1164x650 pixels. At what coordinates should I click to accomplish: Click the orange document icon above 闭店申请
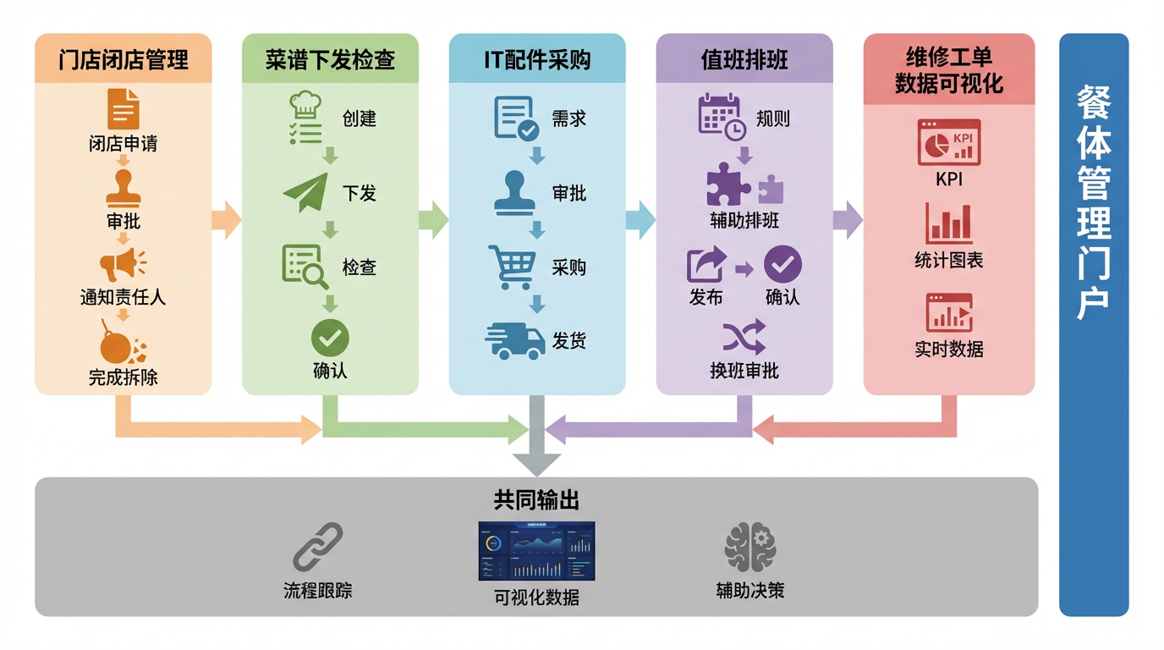pyautogui.click(x=123, y=108)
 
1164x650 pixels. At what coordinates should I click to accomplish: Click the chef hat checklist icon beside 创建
pyautogui.click(x=305, y=118)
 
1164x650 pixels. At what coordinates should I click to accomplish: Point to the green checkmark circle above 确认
pyautogui.click(x=330, y=338)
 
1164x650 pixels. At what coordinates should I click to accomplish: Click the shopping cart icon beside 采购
pyautogui.click(x=512, y=267)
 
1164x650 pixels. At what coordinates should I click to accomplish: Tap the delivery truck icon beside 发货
pyautogui.click(x=514, y=340)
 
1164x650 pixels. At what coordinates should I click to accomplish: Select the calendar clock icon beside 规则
pyautogui.click(x=722, y=117)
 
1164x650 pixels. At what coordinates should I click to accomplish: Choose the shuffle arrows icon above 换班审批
pyautogui.click(x=744, y=337)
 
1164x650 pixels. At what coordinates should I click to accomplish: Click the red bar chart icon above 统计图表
pyautogui.click(x=948, y=223)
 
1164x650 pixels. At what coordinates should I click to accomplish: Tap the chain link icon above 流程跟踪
pyautogui.click(x=317, y=547)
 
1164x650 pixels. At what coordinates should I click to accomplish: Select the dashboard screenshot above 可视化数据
pyautogui.click(x=536, y=551)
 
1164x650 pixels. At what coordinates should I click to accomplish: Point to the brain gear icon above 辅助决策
pyautogui.click(x=750, y=547)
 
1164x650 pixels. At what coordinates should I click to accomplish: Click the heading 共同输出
pyautogui.click(x=536, y=500)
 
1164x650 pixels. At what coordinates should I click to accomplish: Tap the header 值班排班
pyautogui.click(x=744, y=60)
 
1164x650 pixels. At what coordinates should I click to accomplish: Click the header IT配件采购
pyautogui.click(x=537, y=60)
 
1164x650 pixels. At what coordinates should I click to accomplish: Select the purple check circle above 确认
pyautogui.click(x=782, y=265)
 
